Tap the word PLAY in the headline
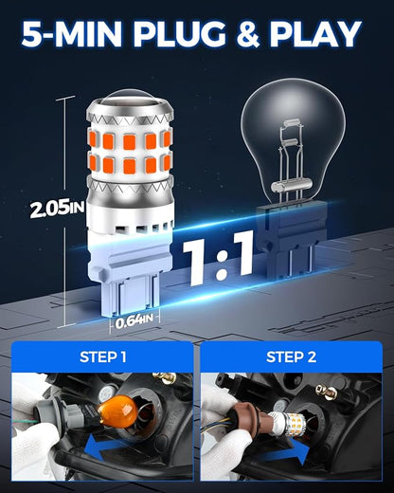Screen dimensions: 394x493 314,34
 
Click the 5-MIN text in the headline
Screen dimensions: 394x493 72,34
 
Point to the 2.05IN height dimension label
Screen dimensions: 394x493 58,210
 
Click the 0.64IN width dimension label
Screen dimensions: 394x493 134,321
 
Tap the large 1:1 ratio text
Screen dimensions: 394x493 219,259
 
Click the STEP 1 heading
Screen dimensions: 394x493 103,356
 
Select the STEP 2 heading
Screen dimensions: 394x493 291,356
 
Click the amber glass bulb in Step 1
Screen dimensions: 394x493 117,412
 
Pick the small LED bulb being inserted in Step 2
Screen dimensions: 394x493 288,424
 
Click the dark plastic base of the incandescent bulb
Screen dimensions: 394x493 291,240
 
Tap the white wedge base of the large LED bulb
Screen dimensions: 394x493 130,268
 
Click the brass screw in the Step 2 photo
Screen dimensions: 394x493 329,392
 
